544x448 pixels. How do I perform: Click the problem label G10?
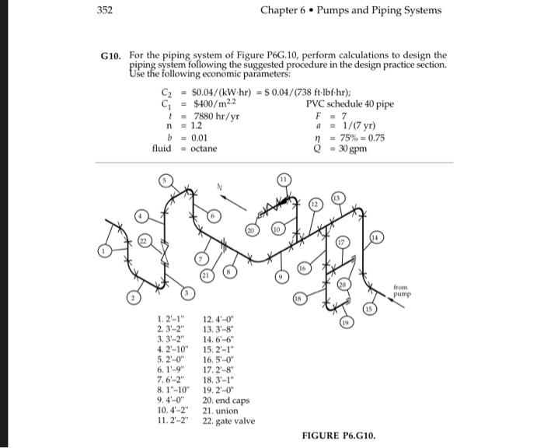pos(111,55)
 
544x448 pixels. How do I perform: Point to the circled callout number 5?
pos(164,180)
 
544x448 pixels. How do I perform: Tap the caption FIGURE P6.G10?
pos(340,436)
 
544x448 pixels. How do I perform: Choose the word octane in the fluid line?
pos(204,148)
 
